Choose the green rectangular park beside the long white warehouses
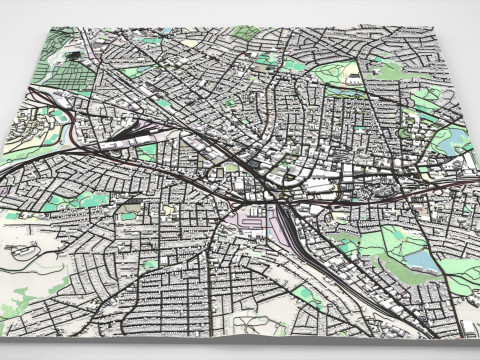148,153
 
